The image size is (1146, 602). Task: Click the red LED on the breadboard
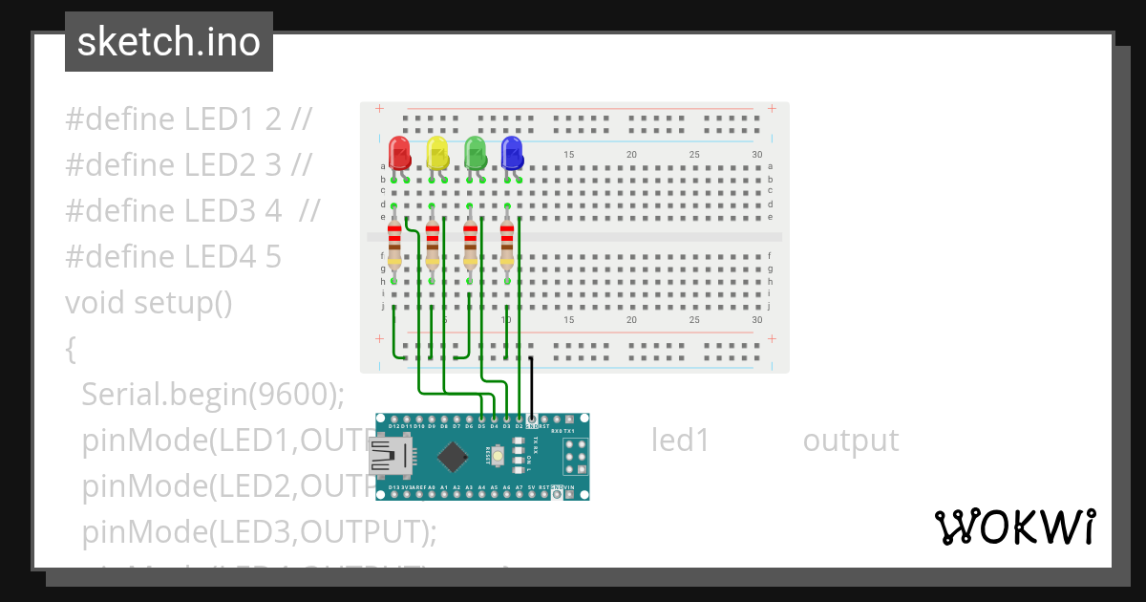tap(399, 152)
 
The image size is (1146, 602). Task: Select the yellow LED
tap(436, 152)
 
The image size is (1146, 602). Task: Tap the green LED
tap(475, 152)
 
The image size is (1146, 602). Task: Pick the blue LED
tap(512, 152)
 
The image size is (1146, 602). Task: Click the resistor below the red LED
tap(394, 246)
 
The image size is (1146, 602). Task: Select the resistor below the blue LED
tap(506, 246)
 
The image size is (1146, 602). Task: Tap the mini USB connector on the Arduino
tap(387, 457)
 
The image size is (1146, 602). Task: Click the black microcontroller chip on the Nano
tap(452, 457)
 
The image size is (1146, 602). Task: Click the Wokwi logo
tap(1013, 527)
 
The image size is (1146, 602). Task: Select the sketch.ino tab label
tap(169, 42)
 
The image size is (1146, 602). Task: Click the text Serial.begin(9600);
tap(212, 394)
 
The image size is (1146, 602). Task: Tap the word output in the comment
tap(850, 441)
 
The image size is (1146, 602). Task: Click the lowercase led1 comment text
tap(680, 441)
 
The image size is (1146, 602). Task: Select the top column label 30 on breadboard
tap(757, 155)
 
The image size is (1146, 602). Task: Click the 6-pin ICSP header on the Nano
tap(577, 458)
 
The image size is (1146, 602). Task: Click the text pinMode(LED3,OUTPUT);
tap(259, 531)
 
